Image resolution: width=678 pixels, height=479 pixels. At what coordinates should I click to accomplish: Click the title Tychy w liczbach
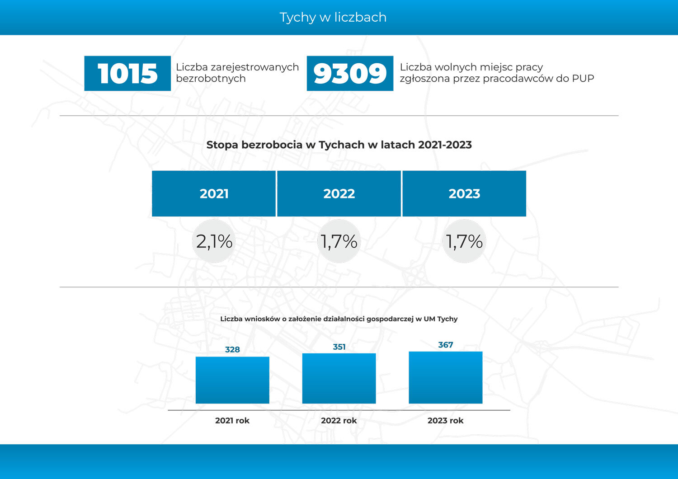pos(333,17)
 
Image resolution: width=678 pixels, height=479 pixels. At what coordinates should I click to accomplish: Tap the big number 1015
pos(127,73)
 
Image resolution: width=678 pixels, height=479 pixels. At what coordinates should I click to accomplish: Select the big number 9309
pos(350,73)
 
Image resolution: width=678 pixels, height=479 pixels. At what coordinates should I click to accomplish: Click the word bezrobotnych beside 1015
pos(211,79)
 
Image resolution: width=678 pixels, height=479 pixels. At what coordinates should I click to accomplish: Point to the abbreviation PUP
pos(583,79)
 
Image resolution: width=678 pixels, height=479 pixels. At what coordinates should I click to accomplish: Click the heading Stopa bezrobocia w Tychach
pos(339,145)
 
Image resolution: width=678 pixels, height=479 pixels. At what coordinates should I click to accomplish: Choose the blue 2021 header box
pos(214,193)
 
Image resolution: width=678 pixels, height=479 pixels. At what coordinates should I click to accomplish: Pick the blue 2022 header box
pos(339,193)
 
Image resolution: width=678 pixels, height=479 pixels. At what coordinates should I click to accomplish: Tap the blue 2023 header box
pos(464,193)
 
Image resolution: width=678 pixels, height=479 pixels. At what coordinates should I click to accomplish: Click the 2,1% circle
pos(214,241)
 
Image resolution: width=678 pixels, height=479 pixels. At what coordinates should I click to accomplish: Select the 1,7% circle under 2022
pos(339,241)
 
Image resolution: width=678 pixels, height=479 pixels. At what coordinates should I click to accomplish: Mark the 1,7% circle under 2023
pos(464,241)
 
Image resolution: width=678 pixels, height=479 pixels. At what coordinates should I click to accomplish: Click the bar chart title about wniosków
pos(339,319)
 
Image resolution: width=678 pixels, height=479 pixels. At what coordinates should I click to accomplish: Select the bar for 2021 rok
pos(232,380)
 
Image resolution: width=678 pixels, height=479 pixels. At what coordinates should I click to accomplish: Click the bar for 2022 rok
pos(339,379)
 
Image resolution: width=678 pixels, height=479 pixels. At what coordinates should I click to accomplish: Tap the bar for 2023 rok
pos(446,378)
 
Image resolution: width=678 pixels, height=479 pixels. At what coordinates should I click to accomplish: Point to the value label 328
pos(232,349)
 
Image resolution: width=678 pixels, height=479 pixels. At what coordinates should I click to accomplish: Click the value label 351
pos(339,347)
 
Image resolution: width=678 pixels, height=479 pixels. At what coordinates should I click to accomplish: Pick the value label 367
pos(446,345)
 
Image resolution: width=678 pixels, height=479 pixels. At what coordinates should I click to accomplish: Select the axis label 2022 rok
pos(339,420)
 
